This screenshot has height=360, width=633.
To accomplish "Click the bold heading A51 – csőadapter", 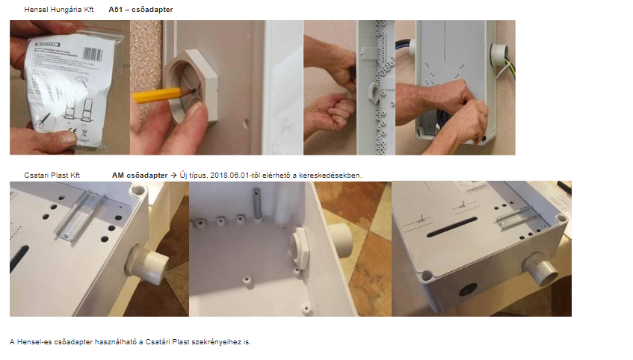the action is (x=141, y=9).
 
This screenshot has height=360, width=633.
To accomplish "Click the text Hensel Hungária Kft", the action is (x=58, y=9).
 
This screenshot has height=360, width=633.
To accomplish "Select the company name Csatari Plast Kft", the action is (x=52, y=176).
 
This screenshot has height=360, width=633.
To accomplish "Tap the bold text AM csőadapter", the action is (x=140, y=176).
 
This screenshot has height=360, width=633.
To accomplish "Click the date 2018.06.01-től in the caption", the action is (x=235, y=176).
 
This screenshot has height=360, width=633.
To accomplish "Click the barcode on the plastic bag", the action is (x=92, y=54).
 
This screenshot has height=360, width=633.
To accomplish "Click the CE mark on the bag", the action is (x=72, y=131).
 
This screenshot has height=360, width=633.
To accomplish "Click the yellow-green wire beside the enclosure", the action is (x=506, y=69).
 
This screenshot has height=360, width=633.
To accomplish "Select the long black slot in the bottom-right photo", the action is (x=452, y=227).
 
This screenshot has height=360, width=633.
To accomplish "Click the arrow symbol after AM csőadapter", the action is (x=173, y=176).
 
